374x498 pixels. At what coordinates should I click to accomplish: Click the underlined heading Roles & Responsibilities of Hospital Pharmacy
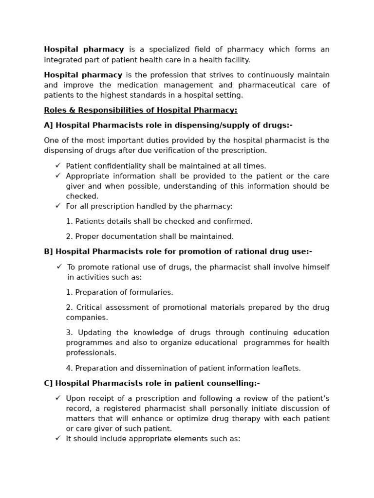point(140,110)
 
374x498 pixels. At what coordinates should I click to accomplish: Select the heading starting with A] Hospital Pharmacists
point(168,125)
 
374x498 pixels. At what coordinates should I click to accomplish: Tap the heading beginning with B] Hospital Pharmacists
point(178,252)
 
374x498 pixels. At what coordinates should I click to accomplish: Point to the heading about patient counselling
point(151,383)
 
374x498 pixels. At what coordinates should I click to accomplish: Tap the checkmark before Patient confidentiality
point(58,166)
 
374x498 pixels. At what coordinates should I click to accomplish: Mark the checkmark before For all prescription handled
point(58,206)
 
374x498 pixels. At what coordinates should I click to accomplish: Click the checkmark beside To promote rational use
point(59,267)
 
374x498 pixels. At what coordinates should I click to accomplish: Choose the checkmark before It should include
point(58,438)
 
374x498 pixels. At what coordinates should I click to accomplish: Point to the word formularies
point(152,292)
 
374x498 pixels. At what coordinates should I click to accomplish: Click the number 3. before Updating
point(69,333)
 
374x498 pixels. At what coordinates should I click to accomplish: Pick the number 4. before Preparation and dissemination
point(69,368)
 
